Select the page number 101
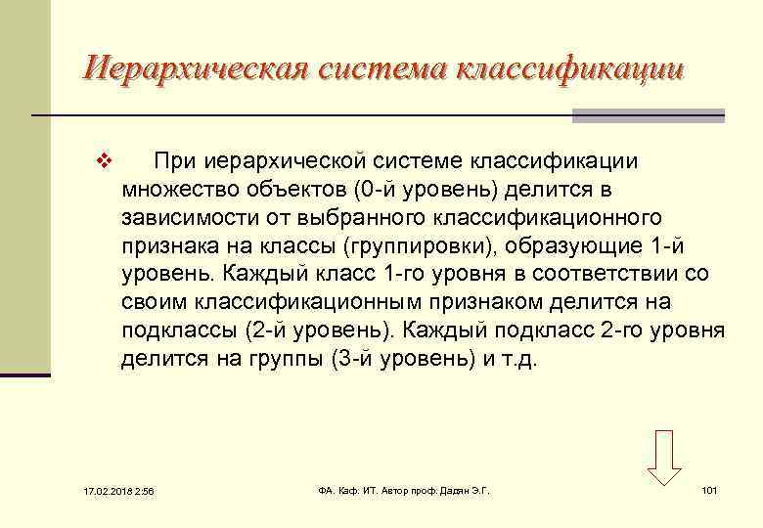click(x=710, y=489)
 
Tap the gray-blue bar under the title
click(x=649, y=116)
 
